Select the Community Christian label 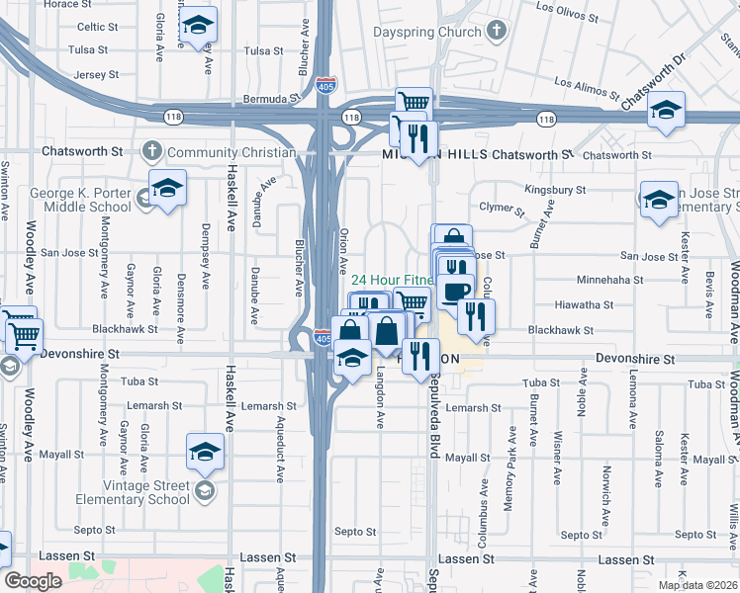(231, 152)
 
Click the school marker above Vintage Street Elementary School (205, 453)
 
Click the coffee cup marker (456, 291)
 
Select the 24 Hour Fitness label (391, 279)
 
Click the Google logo (34, 581)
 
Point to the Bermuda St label (272, 100)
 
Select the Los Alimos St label (587, 91)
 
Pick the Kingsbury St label (555, 189)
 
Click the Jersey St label (95, 74)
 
